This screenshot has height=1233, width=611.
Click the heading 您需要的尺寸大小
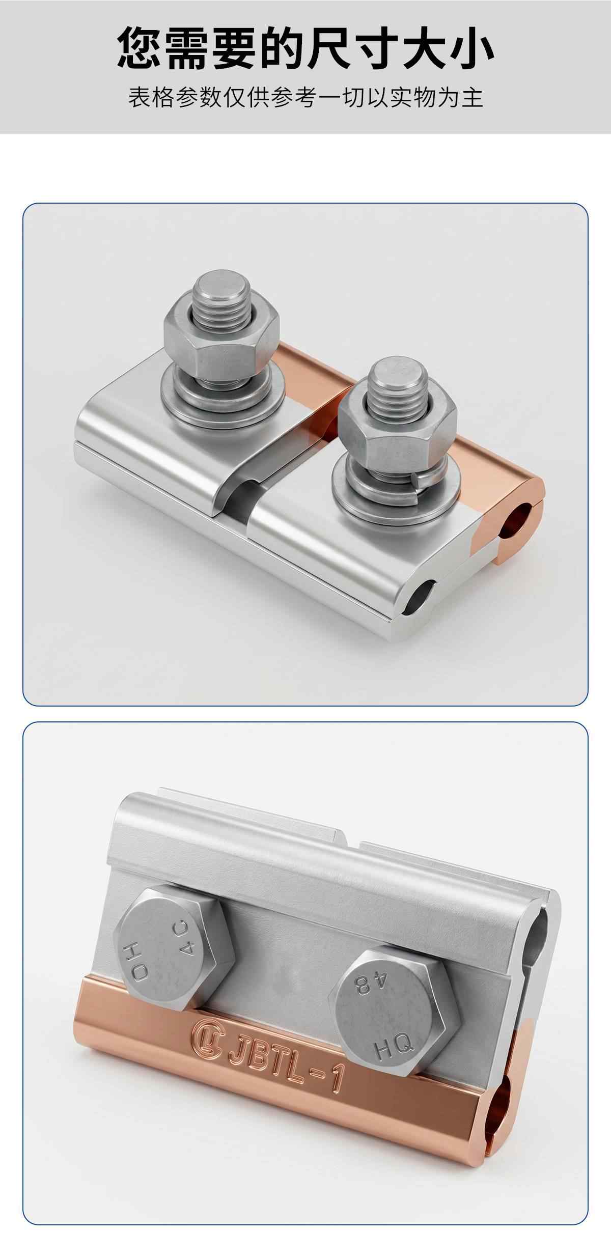pyautogui.click(x=305, y=49)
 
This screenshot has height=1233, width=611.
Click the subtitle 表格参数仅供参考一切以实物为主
pyautogui.click(x=305, y=97)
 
